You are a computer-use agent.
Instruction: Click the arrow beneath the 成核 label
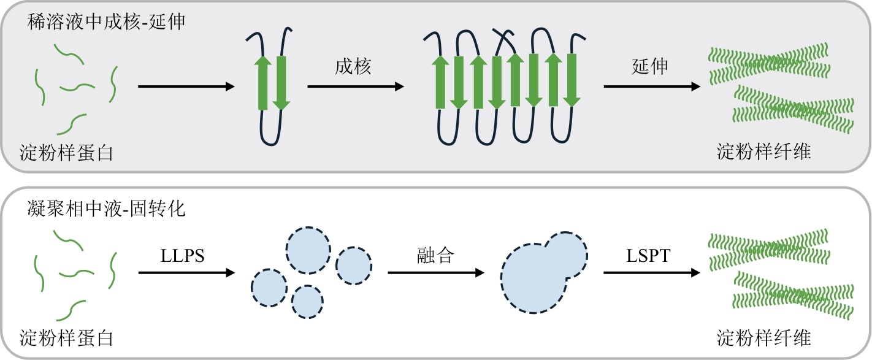click(x=356, y=87)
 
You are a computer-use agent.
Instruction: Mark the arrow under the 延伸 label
click(x=652, y=87)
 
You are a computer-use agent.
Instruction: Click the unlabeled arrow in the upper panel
click(x=186, y=87)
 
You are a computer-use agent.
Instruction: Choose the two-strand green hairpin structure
click(x=272, y=83)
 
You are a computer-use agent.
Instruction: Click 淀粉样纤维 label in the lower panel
click(x=763, y=338)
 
